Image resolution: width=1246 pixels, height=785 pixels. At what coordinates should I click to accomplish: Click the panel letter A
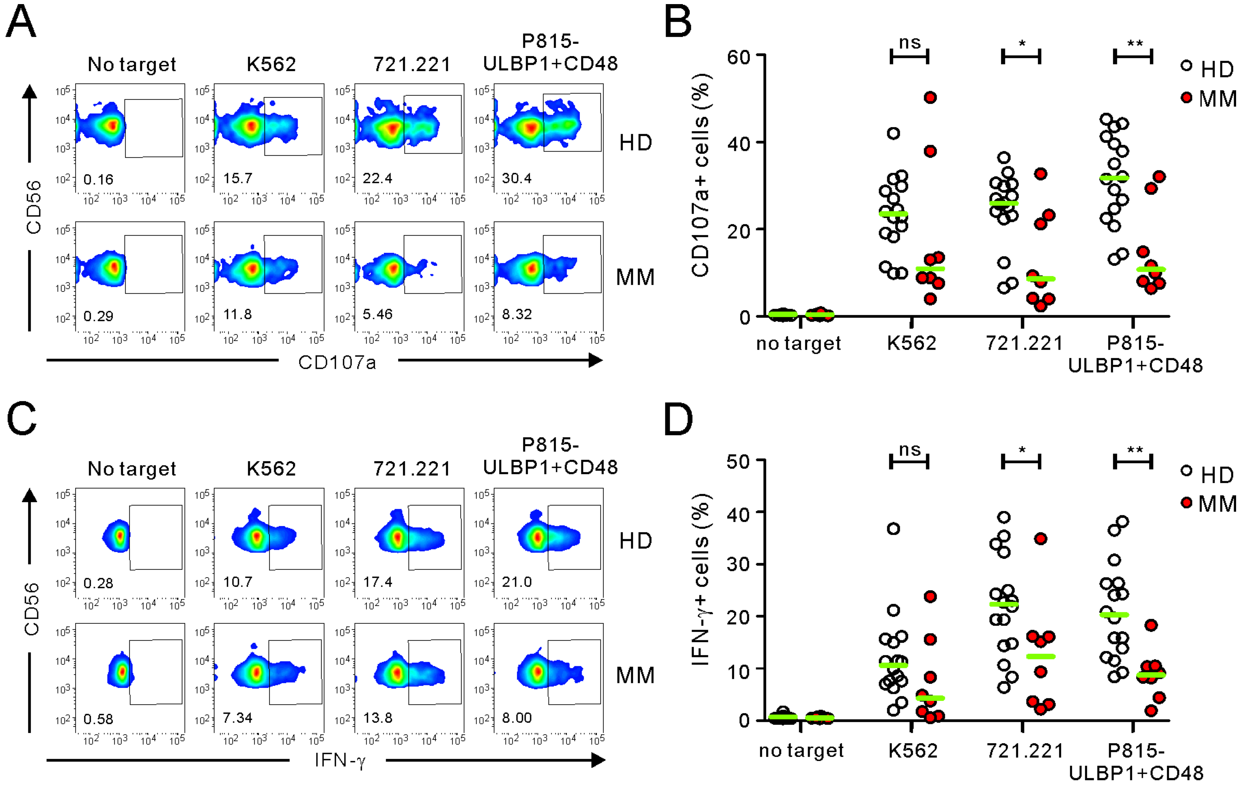[x=21, y=22]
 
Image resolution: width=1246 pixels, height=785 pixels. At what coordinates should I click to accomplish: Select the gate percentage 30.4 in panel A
[x=516, y=179]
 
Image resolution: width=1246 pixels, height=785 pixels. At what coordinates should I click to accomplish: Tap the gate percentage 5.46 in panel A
[x=377, y=314]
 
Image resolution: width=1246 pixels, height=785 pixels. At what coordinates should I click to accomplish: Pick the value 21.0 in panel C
[x=516, y=582]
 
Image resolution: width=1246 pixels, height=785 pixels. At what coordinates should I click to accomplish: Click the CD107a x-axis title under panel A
[x=337, y=363]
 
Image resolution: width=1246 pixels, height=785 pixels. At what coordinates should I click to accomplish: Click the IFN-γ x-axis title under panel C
[x=340, y=760]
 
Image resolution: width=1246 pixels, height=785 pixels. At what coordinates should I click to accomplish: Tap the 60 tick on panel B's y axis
[x=739, y=57]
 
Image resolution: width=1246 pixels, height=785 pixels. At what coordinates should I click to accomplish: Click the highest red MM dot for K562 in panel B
[x=930, y=98]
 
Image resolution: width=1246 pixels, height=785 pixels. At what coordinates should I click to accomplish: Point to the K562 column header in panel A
[x=271, y=65]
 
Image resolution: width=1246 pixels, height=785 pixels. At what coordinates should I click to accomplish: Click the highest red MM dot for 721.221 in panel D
[x=1040, y=539]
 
